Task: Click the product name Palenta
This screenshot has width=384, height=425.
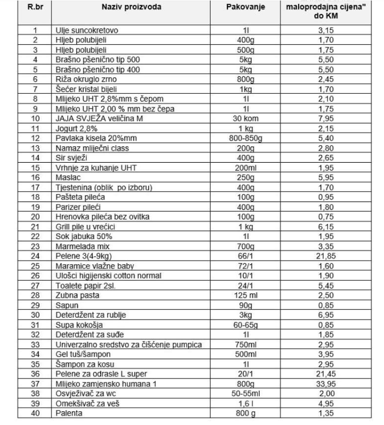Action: click(69, 413)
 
